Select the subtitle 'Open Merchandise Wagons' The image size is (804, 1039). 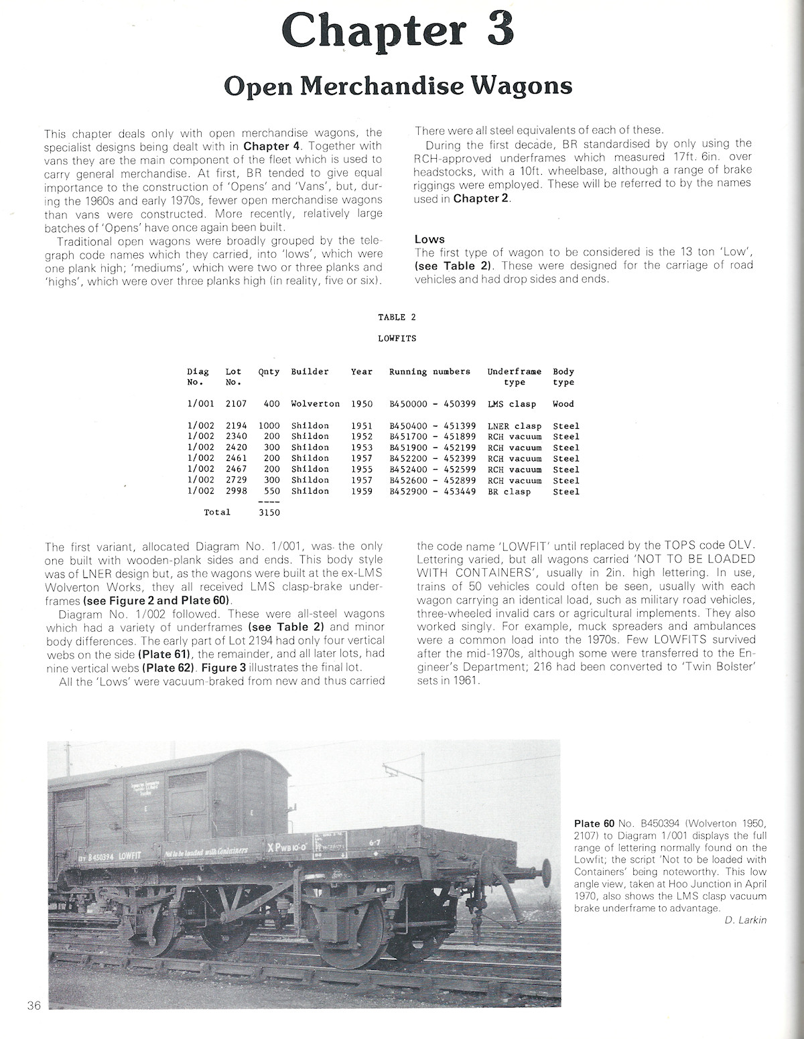pos(397,86)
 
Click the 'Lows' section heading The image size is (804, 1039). pos(429,239)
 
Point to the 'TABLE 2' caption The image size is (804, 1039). pos(397,318)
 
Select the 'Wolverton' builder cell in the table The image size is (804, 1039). pos(315,404)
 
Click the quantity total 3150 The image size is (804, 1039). pos(269,512)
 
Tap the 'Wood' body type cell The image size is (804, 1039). pos(563,404)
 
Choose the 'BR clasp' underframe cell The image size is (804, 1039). pos(509,491)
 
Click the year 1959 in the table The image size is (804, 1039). pos(362,491)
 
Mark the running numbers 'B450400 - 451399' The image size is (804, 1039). pos(428,426)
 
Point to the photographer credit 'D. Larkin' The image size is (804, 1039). pos(745,920)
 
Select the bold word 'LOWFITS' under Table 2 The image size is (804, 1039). pos(397,339)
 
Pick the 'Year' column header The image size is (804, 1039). pos(362,372)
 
